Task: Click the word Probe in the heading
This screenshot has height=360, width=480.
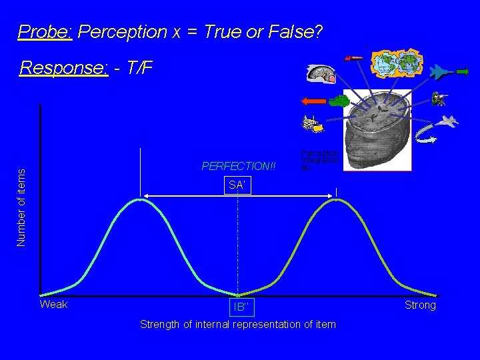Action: [x=45, y=31]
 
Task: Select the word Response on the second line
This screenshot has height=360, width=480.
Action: [x=64, y=68]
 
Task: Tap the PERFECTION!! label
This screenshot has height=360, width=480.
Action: [x=239, y=165]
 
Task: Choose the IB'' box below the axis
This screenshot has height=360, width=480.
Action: [x=241, y=306]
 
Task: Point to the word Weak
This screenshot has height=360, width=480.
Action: [x=54, y=305]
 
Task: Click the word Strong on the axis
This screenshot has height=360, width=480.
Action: [x=420, y=305]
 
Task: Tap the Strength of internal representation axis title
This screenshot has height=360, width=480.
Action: [x=238, y=324]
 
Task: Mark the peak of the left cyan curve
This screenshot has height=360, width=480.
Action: [x=140, y=199]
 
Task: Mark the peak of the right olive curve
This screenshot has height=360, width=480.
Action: [x=337, y=199]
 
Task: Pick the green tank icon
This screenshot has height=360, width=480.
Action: [x=339, y=101]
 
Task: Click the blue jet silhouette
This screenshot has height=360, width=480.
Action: [x=441, y=72]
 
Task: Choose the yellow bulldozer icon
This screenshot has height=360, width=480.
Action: [x=311, y=123]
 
